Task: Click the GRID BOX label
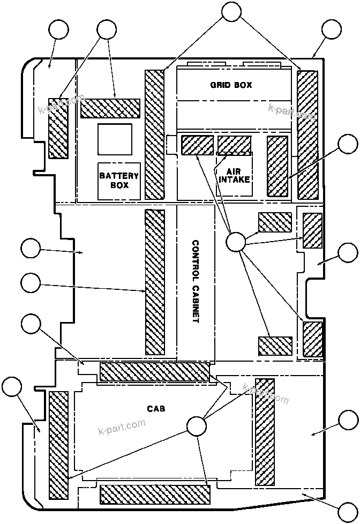pos(230,85)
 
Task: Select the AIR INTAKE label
pos(235,175)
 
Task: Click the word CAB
pos(156,408)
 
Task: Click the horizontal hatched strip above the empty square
pos(110,108)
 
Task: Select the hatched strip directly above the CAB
pos(154,372)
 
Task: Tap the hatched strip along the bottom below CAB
pos(154,494)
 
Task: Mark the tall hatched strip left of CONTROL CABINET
pos(155,282)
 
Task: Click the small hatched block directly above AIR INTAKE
pos(234,145)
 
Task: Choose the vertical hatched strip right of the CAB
pos(265,432)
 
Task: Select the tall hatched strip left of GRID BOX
pos(154,134)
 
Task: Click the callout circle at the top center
pos(231,12)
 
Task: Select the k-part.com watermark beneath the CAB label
pos(123,427)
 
